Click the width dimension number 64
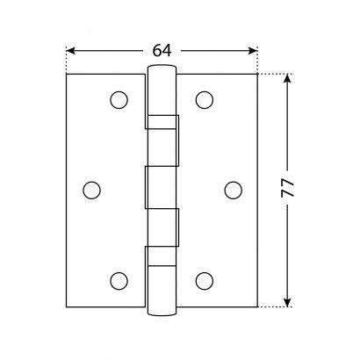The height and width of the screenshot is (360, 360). (162, 51)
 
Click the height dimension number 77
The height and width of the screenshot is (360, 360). (287, 188)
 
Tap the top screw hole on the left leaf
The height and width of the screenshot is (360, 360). (119, 100)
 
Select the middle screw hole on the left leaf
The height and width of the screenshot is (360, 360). (91, 190)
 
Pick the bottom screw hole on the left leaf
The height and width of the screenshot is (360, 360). (119, 281)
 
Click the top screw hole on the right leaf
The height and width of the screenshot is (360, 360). (205, 100)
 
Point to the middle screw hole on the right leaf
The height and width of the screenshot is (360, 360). (234, 190)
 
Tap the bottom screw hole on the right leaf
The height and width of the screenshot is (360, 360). (205, 281)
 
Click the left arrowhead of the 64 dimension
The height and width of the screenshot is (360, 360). (71, 51)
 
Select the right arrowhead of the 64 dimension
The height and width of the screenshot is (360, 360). (253, 51)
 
